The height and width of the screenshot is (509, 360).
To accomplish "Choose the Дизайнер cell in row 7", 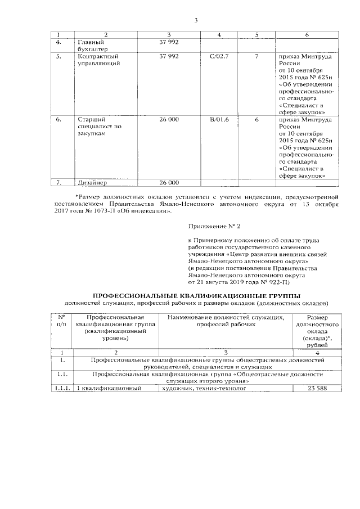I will (92, 183).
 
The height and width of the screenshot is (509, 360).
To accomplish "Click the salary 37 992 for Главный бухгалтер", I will (169, 42).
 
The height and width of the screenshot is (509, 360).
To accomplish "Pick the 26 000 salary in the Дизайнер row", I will (169, 183).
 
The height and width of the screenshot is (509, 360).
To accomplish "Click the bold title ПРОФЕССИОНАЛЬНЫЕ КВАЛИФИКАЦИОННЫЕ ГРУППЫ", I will (196, 296).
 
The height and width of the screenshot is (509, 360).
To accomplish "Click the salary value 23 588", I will (318, 389).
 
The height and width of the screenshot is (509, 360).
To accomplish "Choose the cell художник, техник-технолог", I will (204, 389).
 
